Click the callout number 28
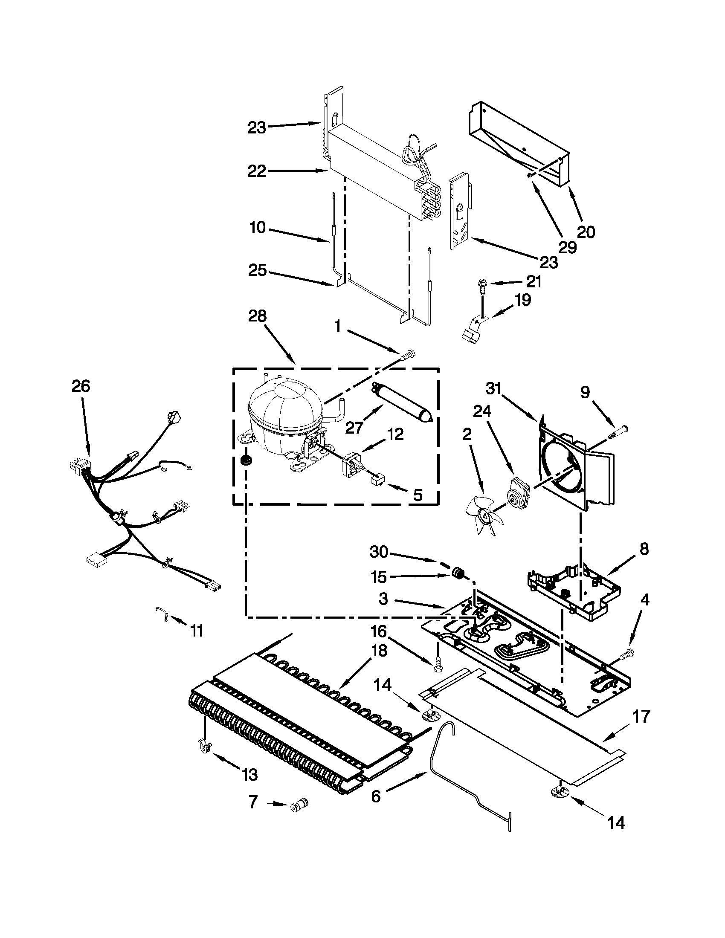point(257,316)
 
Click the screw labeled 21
point(481,285)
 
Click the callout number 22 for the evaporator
point(257,171)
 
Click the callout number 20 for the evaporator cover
point(586,232)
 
